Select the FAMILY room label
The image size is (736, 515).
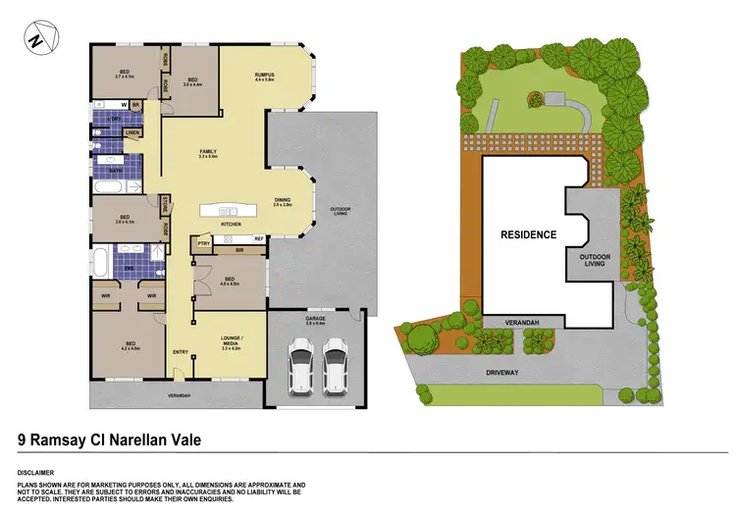click(207, 152)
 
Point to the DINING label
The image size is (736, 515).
click(284, 202)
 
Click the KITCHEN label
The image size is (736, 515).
click(232, 225)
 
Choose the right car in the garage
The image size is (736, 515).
click(336, 364)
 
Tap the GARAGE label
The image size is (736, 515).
click(316, 319)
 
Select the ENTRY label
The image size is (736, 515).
click(181, 352)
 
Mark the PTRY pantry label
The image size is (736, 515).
click(204, 241)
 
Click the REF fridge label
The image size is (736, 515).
click(258, 238)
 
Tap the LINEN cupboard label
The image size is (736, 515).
click(131, 132)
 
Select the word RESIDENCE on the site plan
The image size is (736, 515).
click(528, 234)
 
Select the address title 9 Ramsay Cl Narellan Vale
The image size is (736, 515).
click(110, 440)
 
